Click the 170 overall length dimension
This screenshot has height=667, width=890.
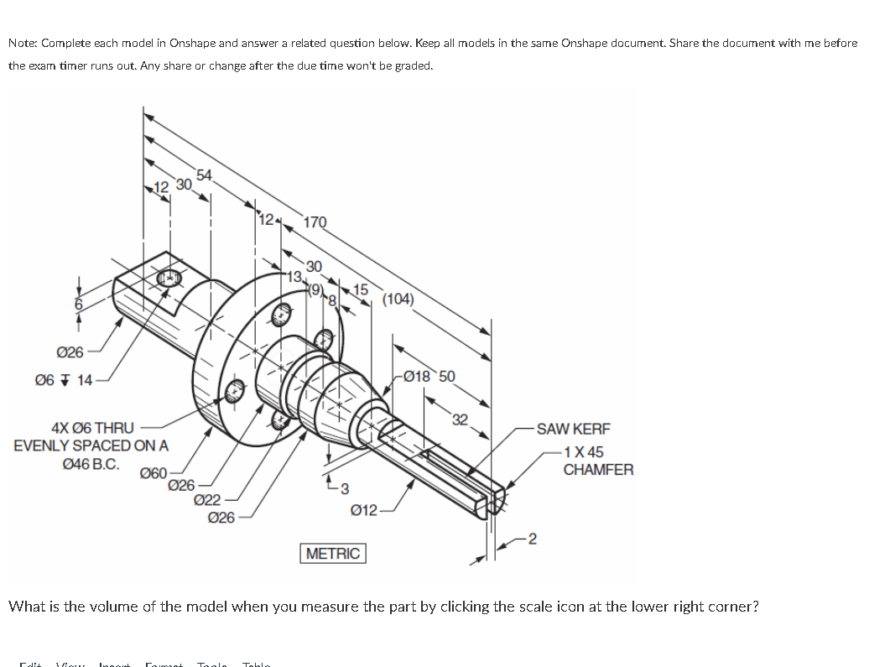click(x=315, y=222)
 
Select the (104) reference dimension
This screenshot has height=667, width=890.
click(x=397, y=299)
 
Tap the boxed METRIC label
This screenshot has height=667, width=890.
click(x=333, y=554)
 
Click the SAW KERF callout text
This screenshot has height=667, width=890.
click(x=573, y=429)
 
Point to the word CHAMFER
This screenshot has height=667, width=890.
click(x=598, y=470)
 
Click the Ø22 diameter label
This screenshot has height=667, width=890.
click(x=207, y=501)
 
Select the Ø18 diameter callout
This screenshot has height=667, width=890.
click(x=419, y=375)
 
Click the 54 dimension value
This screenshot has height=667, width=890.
click(x=204, y=175)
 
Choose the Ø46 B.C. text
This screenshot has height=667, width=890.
click(x=91, y=463)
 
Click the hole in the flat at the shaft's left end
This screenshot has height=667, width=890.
click(x=170, y=277)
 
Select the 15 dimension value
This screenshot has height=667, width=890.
click(x=362, y=289)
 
